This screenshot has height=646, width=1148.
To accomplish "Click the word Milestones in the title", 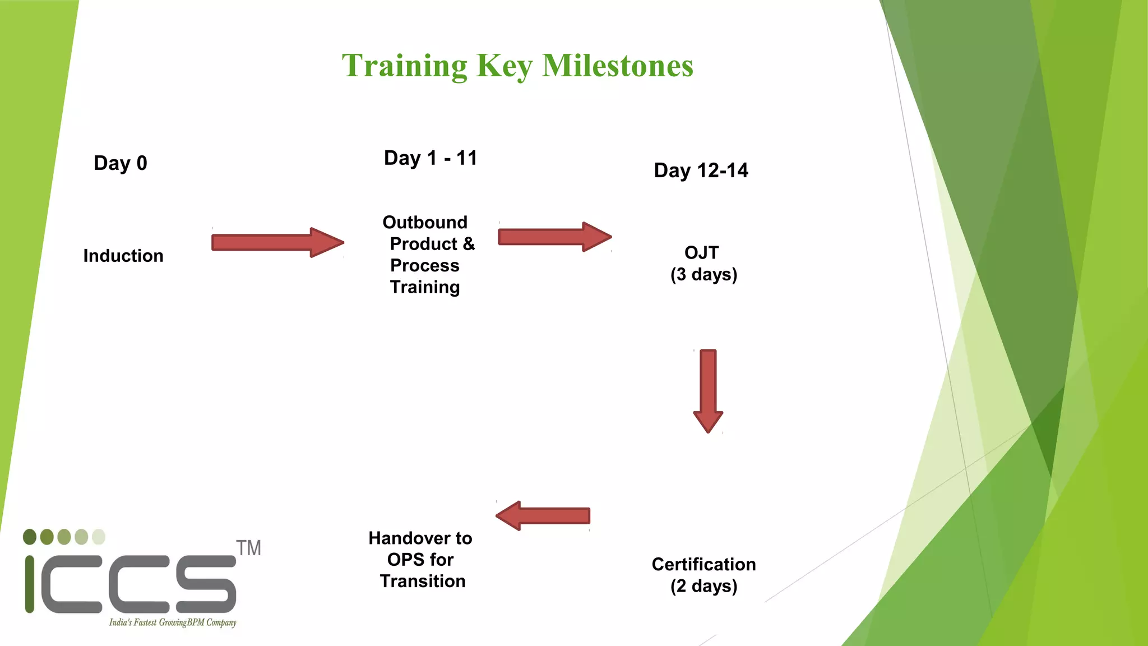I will click(617, 66).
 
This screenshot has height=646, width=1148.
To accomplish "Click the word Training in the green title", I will click(404, 66).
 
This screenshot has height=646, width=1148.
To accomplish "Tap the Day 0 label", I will click(121, 163).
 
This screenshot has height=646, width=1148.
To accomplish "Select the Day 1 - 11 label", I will click(430, 158).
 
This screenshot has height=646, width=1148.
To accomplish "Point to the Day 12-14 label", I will click(701, 170).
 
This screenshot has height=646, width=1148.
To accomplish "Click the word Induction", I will click(123, 256).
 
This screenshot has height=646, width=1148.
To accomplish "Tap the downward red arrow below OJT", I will click(708, 390).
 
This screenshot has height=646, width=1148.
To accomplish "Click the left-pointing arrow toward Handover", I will click(543, 515).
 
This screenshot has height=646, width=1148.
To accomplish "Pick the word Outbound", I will click(425, 223).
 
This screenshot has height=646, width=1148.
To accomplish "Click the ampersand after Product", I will click(469, 244).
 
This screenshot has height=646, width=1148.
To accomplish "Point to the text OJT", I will click(701, 253).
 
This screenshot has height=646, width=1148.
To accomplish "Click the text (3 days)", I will click(703, 275).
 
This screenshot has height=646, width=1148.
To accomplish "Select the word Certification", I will click(703, 564).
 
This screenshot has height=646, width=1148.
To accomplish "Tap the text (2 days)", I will click(703, 586).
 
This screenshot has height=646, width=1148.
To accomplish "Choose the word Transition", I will click(423, 582).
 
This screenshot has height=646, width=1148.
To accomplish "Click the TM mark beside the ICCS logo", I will click(248, 548).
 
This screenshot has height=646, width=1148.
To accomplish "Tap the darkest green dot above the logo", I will click(30, 537).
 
